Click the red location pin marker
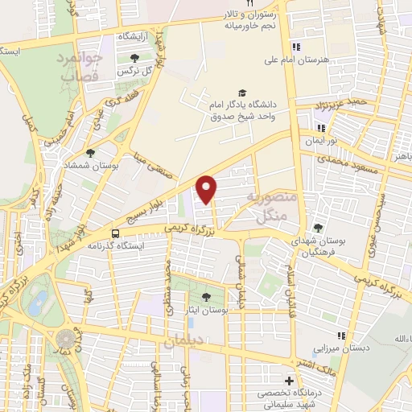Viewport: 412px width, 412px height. [x=208, y=189]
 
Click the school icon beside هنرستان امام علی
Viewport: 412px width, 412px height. [x=296, y=47]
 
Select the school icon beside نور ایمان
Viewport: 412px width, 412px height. [x=321, y=128]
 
